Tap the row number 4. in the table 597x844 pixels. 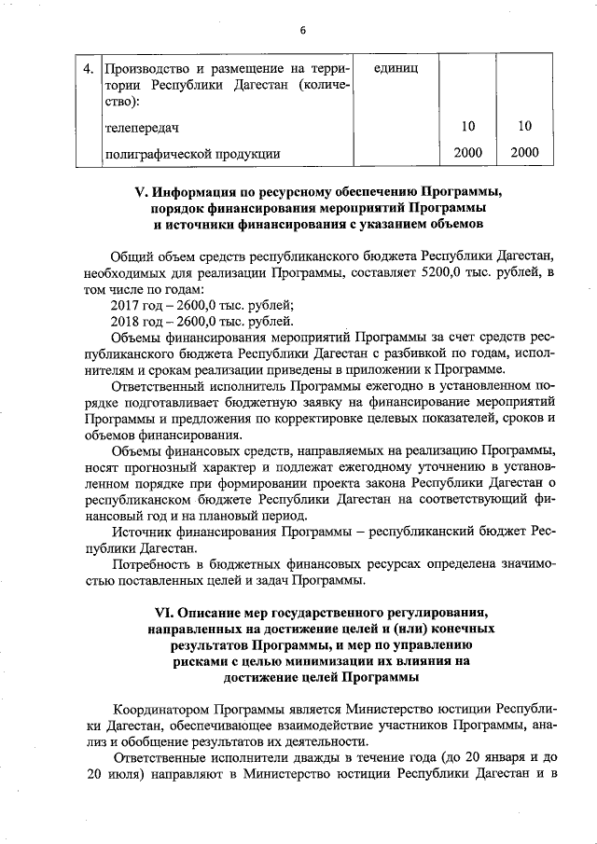(x=87, y=69)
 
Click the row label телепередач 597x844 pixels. (x=141, y=125)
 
